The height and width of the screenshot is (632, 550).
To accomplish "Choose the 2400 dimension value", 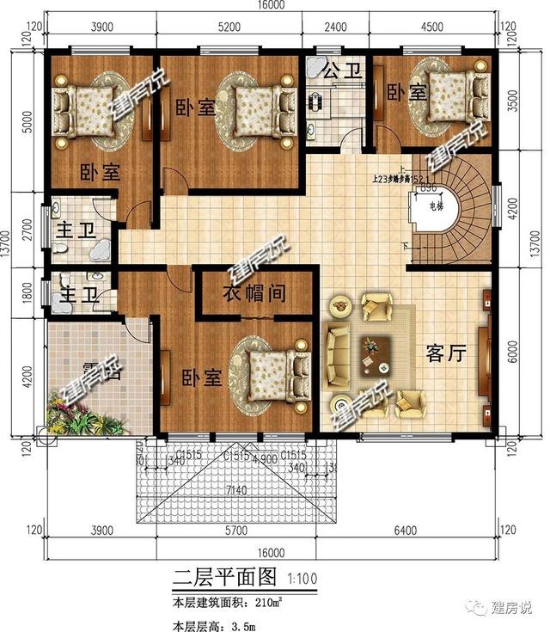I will (x=335, y=28).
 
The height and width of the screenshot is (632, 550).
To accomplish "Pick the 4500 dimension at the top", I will (x=437, y=28).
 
